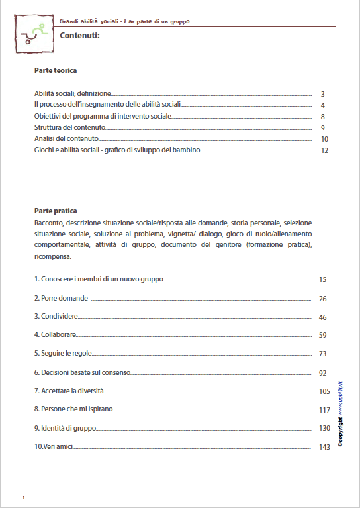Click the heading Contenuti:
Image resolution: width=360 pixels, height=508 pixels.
coord(79,36)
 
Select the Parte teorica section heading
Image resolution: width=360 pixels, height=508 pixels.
coord(56,70)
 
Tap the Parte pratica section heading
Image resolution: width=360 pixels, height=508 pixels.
coord(56,211)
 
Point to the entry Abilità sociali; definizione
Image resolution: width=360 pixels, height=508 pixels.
coord(73,94)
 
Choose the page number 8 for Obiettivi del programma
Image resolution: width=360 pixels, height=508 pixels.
coord(322,117)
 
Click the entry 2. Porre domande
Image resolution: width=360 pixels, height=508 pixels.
coord(61,299)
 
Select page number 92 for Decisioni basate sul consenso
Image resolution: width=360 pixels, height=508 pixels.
coord(323,373)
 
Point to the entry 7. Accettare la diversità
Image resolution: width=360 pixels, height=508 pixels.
coord(69,391)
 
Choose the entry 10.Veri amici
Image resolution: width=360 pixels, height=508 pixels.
coord(53,447)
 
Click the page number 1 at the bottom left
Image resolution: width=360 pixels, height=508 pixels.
coord(23,497)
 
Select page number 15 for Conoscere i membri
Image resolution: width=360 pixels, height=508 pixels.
coord(323,280)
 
